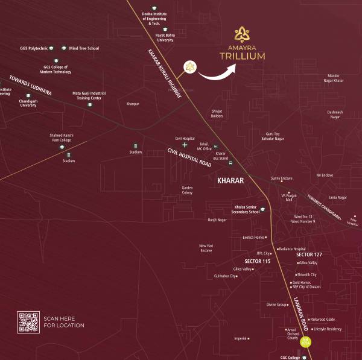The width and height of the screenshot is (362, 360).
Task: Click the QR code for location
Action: [28, 322]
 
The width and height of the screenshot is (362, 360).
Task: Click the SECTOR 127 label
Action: [309, 254]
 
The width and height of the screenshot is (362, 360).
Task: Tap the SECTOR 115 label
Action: [257, 261]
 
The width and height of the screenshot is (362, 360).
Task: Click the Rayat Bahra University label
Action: [165, 38]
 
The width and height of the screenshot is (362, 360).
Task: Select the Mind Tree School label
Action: [84, 48]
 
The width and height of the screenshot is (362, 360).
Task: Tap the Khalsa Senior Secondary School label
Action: [246, 209]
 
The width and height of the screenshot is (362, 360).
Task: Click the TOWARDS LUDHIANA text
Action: [31, 85]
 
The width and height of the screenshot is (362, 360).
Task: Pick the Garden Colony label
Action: [187, 190]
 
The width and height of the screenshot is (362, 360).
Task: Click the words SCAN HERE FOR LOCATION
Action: [63, 322]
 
